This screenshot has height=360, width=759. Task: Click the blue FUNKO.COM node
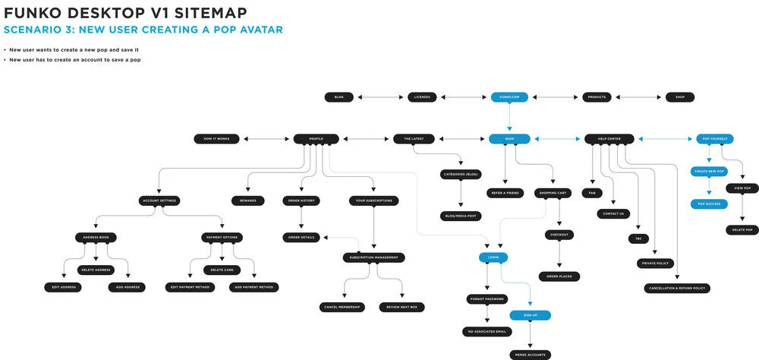tap(509, 97)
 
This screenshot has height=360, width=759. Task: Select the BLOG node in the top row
tap(339, 97)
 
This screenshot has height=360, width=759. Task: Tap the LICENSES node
tap(423, 97)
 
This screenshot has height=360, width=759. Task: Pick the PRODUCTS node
tap(597, 97)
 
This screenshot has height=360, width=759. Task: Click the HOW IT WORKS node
tap(216, 139)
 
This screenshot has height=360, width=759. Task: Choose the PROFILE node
tap(316, 139)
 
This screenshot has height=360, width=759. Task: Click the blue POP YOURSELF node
tap(714, 139)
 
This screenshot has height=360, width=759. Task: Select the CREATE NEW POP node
tap(709, 172)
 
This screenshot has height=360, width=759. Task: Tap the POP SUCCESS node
tap(709, 204)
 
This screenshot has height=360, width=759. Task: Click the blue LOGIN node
tap(493, 258)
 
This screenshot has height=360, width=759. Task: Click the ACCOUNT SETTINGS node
tap(159, 201)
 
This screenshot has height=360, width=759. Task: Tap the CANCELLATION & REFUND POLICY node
tap(676, 289)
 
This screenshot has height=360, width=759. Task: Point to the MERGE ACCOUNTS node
tap(529, 355)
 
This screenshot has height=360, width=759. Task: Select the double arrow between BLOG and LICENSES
tap(381, 97)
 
